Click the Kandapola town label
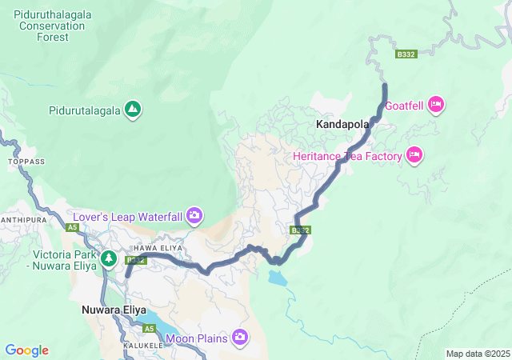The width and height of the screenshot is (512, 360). (342, 125)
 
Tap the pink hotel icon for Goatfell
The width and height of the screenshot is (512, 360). (436, 104)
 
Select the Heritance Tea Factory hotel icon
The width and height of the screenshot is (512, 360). (414, 155)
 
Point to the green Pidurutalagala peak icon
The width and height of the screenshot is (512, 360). (134, 110)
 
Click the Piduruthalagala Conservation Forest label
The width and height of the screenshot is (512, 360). (50, 26)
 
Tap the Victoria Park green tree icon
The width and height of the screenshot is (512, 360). (110, 258)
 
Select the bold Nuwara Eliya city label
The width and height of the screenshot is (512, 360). (114, 309)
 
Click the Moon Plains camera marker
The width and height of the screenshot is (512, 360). (240, 338)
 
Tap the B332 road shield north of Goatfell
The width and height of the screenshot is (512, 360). (406, 54)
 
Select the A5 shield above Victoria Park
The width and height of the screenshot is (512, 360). (73, 228)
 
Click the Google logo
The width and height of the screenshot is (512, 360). (26, 350)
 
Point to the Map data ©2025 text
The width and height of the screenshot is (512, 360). (477, 354)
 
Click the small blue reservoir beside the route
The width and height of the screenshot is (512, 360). (276, 278)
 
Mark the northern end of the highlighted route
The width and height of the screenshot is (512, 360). (385, 85)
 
